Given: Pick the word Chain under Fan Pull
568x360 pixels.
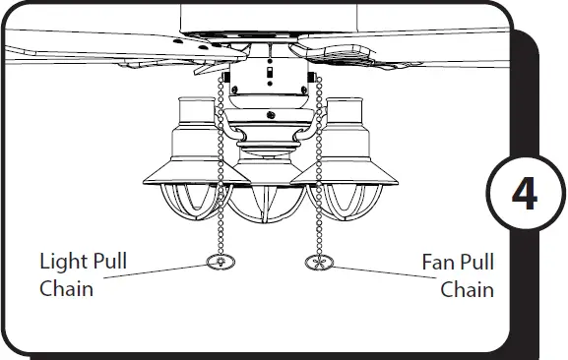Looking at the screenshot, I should tap(467, 289).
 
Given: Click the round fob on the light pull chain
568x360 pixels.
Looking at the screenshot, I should tap(221, 263).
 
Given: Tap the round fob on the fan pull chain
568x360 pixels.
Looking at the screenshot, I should tap(318, 263).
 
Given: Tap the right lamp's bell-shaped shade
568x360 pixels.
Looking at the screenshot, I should tap(345, 148).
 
